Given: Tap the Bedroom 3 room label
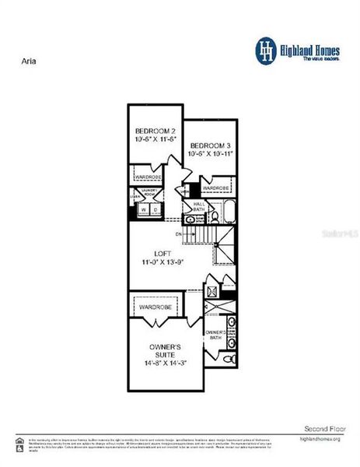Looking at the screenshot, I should pyautogui.click(x=210, y=146).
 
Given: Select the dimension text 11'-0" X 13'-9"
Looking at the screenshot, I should pyautogui.click(x=163, y=262).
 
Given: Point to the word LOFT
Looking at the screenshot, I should pyautogui.click(x=163, y=253).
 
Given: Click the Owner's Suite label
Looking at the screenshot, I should pyautogui.click(x=165, y=351).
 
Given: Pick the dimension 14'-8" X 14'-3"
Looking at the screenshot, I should pyautogui.click(x=165, y=363).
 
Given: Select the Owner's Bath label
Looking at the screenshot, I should pyautogui.click(x=215, y=335).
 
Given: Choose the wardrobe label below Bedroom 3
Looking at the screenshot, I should pyautogui.click(x=215, y=188).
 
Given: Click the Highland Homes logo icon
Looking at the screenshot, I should pyautogui.click(x=267, y=51).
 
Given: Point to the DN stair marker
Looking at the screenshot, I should pyautogui.click(x=179, y=233).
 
